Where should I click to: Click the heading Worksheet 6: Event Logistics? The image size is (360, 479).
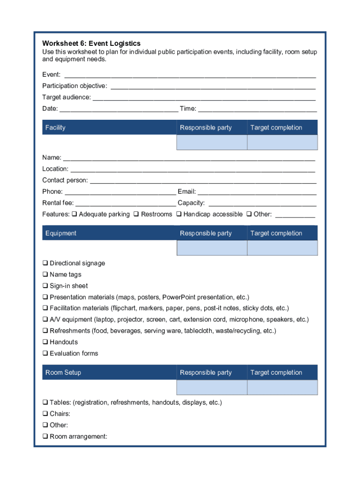(91, 44)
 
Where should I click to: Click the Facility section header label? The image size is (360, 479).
(55, 128)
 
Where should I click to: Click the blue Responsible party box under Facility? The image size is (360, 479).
(211, 142)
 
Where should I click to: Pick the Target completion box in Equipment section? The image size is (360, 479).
(282, 248)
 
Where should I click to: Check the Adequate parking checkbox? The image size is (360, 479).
(74, 214)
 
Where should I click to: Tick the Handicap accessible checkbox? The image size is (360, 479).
(179, 214)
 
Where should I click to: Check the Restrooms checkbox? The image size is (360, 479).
(136, 214)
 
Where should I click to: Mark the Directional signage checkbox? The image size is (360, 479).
(45, 263)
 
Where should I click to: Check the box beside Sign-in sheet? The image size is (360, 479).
(45, 286)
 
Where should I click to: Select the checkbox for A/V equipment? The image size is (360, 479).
(45, 319)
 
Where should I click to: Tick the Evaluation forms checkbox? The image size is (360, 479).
(45, 353)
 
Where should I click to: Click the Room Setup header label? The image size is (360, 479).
(63, 373)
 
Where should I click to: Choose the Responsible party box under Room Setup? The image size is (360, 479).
(211, 387)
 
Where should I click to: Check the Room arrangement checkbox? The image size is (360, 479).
(45, 436)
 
